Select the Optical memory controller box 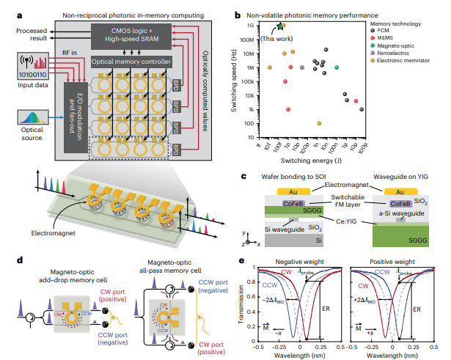131,62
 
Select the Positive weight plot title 392,261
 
